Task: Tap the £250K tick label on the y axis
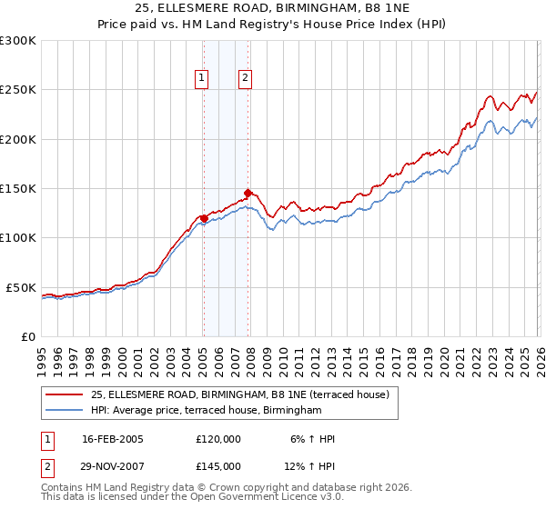[x=18, y=90]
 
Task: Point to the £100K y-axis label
[x=18, y=238]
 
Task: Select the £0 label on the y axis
[x=28, y=336]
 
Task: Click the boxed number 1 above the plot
[x=201, y=79]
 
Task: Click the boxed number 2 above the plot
[x=246, y=79]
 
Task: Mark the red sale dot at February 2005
[x=204, y=218]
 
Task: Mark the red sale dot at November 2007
[x=248, y=194]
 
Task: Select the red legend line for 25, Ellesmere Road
[x=65, y=394]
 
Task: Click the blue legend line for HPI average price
[x=65, y=411]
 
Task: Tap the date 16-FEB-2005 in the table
[x=113, y=439]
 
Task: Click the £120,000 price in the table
[x=218, y=439]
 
